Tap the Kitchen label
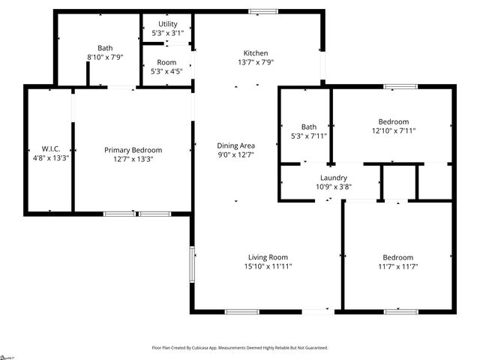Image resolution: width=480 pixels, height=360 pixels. point(256,53)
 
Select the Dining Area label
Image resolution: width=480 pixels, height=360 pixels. point(236,145)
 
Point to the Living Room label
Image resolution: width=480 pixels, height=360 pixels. point(268,257)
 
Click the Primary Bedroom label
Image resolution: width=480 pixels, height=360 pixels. point(133,150)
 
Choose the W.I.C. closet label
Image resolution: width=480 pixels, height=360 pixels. point(40,148)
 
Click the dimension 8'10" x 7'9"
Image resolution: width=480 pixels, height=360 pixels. point(105,57)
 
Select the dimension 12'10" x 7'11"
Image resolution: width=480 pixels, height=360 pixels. point(394,130)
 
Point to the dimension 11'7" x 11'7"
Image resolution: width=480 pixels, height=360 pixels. point(397,266)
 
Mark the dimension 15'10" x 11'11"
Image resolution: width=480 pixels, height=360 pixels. point(268,266)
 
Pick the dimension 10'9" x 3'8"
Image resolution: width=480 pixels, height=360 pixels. point(334,186)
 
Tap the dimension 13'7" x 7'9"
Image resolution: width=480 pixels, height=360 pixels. point(256,62)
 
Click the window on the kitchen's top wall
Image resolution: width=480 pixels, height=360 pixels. point(262,11)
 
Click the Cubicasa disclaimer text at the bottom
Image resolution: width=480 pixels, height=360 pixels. point(240,348)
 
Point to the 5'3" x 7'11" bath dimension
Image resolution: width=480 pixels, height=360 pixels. point(309,136)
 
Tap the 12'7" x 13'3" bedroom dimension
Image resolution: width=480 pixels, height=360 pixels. point(133,159)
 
